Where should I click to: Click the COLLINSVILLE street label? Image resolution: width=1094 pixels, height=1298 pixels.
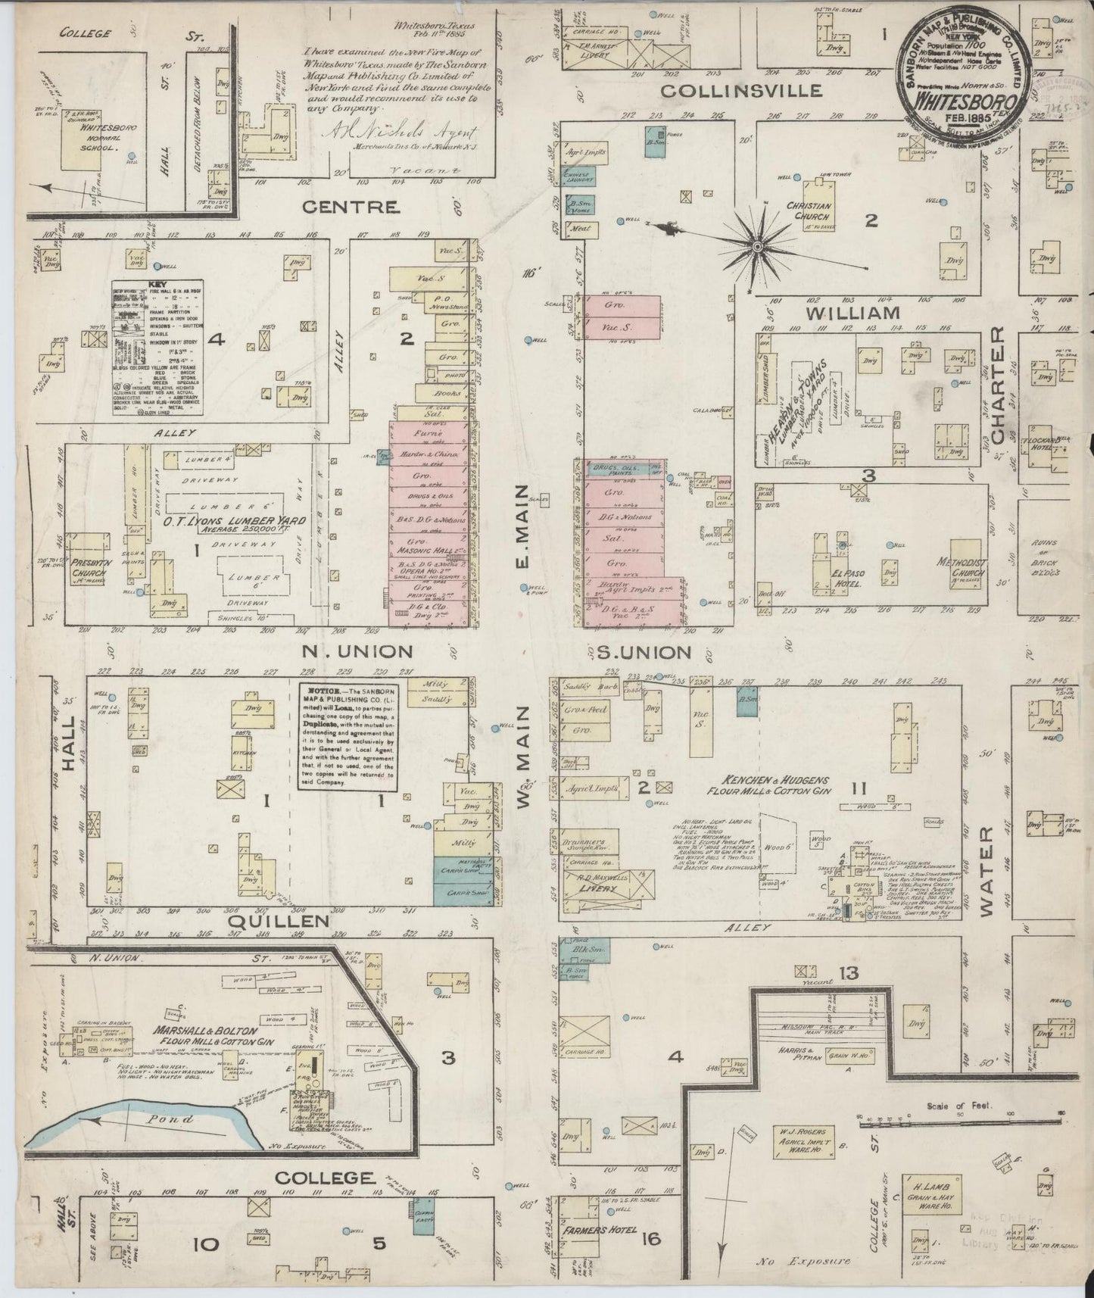tap(740, 90)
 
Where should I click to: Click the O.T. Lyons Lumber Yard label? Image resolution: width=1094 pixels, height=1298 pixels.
tap(225, 522)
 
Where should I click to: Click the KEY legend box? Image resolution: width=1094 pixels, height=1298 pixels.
tap(157, 348)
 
